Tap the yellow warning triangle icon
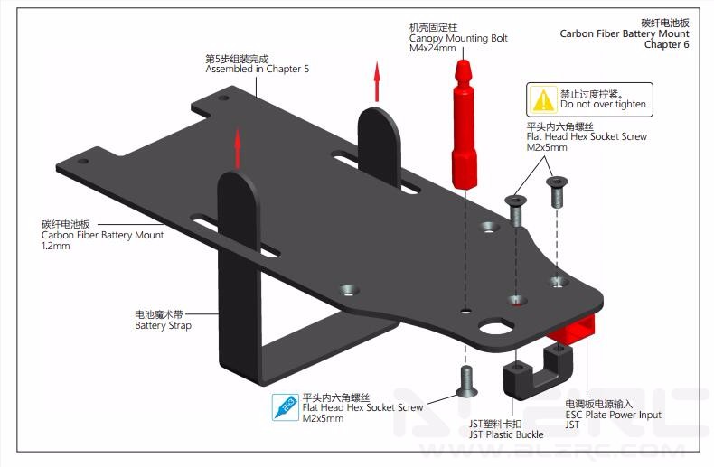pyautogui.click(x=544, y=98)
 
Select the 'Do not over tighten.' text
pyautogui.click(x=604, y=105)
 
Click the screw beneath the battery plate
pyautogui.click(x=466, y=381)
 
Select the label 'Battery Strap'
pyautogui.click(x=163, y=326)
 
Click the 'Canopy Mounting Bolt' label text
pyautogui.click(x=458, y=39)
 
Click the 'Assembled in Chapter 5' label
pyautogui.click(x=257, y=70)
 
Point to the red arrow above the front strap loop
pyautogui.click(x=239, y=149)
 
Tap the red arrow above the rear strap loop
pyautogui.click(x=377, y=82)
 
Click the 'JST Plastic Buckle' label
pyautogui.click(x=505, y=434)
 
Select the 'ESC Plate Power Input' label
pyautogui.click(x=613, y=415)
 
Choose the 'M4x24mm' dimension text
pyautogui.click(x=432, y=50)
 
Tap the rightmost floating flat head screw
pyautogui.click(x=557, y=192)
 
